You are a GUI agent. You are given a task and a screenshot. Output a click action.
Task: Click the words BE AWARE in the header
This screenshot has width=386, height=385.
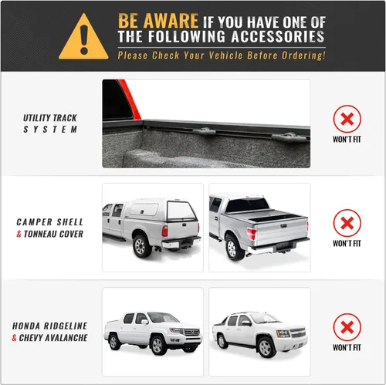[158, 21]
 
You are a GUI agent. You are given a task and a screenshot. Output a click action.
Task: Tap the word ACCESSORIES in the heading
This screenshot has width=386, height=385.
[278, 36]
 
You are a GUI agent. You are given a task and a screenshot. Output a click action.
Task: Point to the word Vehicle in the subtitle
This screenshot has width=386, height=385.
[225, 56]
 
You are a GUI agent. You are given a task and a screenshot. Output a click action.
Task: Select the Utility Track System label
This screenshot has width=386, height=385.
[50, 123]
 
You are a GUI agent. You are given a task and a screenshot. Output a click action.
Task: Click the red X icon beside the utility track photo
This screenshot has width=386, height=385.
[347, 119]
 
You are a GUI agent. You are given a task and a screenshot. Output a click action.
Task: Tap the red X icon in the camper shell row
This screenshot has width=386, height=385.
[347, 223]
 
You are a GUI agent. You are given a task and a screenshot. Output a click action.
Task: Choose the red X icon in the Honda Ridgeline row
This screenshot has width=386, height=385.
[347, 327]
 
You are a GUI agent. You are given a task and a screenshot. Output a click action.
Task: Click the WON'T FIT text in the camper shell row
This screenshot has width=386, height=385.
[347, 243]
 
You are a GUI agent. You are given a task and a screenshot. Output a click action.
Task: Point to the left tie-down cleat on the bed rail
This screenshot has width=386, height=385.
[205, 131]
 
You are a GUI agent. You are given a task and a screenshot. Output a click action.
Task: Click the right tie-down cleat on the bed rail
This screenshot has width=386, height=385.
[289, 138]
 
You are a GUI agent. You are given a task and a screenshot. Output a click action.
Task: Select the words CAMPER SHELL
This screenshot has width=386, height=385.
[50, 222]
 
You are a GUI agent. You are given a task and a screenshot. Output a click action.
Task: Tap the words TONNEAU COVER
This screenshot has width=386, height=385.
[53, 234]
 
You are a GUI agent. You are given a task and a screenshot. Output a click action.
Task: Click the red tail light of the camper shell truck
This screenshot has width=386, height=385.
[164, 231]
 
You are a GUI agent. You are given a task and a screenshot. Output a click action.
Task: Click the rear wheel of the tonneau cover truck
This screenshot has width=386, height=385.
[233, 249]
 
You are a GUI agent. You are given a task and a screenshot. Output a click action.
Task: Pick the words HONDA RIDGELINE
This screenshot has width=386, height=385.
[50, 326]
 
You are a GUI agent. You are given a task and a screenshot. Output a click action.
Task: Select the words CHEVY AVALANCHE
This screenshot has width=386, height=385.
[53, 338]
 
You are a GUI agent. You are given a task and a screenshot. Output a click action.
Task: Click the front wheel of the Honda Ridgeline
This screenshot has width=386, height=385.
[157, 345]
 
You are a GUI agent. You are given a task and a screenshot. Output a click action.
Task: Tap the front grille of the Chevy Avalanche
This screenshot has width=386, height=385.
[298, 333]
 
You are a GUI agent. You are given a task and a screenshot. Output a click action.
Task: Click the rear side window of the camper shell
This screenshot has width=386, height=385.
[144, 210]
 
